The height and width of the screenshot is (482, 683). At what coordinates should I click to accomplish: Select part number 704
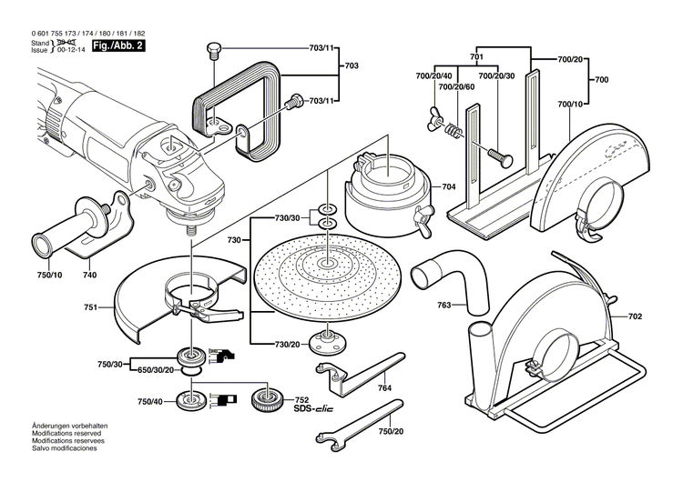click(449, 186)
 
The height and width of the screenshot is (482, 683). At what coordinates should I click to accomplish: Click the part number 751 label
click(90, 308)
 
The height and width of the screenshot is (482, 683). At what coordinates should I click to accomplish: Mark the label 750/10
click(51, 273)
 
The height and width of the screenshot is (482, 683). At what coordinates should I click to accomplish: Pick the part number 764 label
click(386, 388)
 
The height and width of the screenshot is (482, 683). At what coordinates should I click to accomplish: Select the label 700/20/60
click(456, 87)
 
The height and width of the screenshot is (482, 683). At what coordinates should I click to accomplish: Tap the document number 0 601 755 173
click(49, 34)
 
